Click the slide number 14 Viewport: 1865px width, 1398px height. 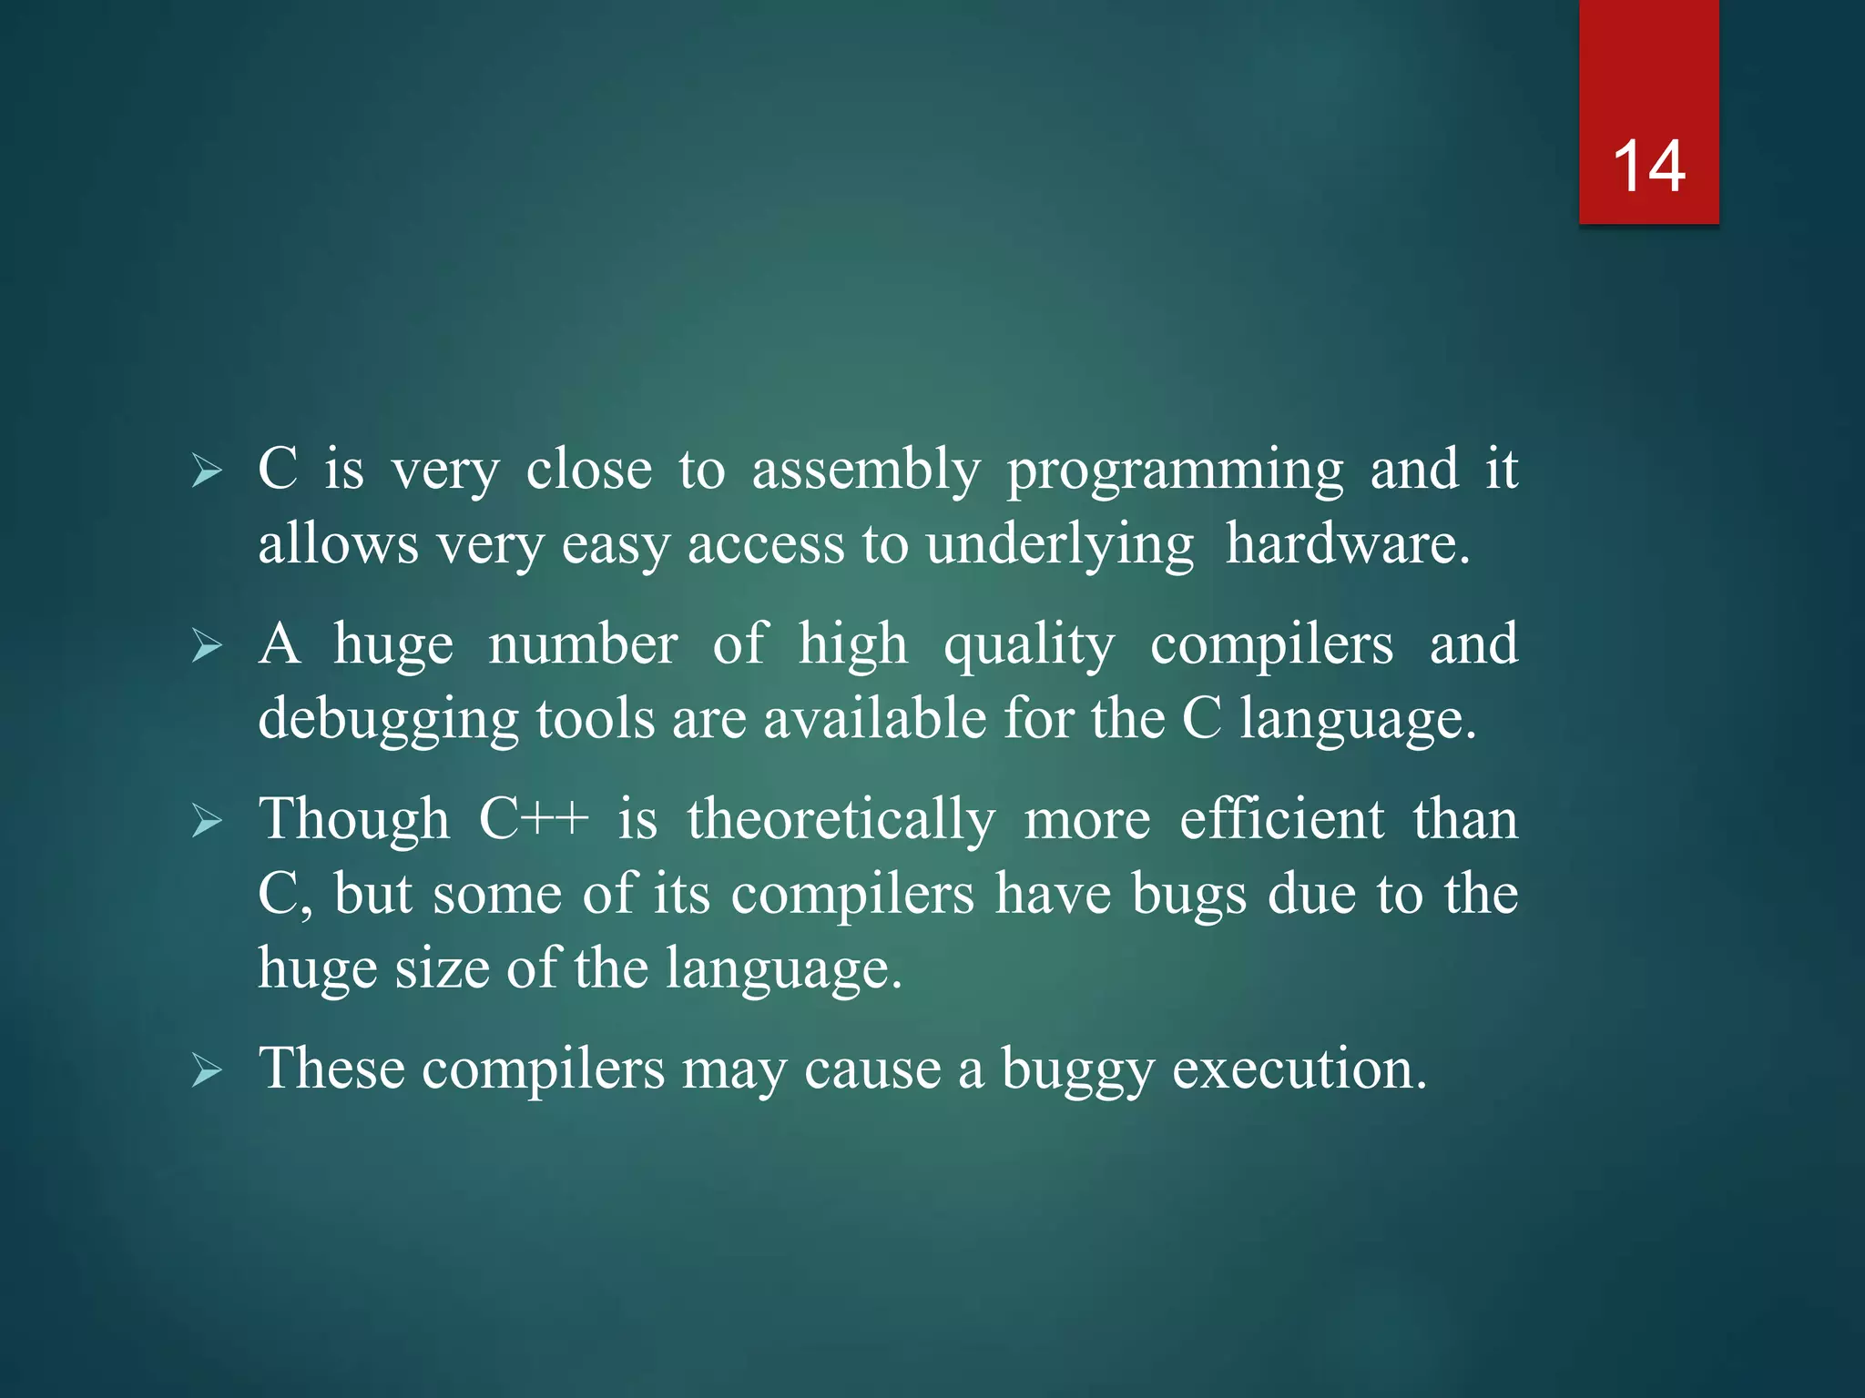(1648, 167)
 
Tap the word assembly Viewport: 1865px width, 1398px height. (865, 471)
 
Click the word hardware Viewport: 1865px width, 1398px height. (1348, 544)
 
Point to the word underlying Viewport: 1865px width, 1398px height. (1059, 546)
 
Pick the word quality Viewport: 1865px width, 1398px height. (1029, 646)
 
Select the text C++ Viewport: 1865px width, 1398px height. (534, 819)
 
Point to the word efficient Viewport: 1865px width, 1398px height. (1281, 819)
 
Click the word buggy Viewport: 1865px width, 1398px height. (1077, 1070)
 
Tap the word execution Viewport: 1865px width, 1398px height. (1299, 1069)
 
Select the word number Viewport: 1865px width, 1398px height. (583, 644)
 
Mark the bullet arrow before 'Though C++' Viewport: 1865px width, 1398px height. (207, 822)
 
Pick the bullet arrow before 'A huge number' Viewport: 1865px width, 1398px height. (207, 647)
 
